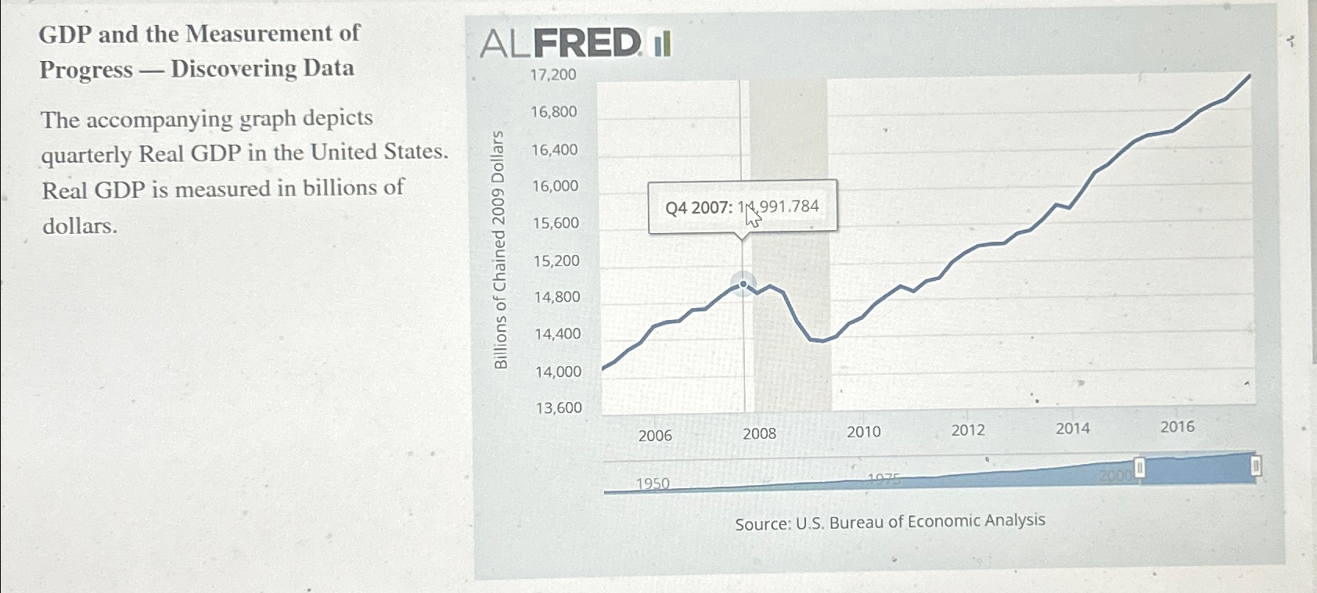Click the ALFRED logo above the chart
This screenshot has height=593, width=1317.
575,43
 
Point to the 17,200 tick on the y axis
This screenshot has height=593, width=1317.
553,75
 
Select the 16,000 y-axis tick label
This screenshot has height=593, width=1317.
555,186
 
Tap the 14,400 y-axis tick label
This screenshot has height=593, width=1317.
557,334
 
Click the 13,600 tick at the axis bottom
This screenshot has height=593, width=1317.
559,408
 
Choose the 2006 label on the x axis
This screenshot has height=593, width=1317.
655,436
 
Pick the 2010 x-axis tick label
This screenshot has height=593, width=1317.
864,432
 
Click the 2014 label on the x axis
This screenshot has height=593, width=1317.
1072,428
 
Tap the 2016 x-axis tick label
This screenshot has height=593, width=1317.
1177,426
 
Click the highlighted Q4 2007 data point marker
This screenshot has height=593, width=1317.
743,284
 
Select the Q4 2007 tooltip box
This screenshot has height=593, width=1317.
742,207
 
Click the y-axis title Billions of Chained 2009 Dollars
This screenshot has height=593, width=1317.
500,250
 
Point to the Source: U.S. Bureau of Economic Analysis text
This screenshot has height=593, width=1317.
890,522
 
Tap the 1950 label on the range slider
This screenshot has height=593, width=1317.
653,483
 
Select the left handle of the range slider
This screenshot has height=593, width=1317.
1139,469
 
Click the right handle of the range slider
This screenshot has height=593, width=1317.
1255,467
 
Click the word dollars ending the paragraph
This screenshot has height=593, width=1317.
80,226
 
